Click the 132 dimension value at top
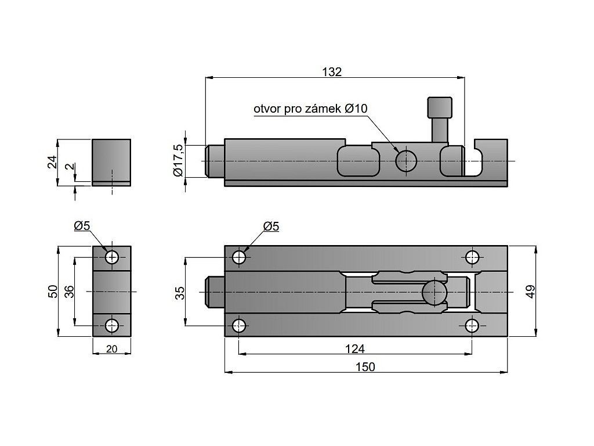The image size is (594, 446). coord(332,71)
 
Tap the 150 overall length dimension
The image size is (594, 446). coord(365,367)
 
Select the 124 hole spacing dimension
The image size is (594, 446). coord(354,348)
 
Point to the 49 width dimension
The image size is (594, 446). coord(531,292)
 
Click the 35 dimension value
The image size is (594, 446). coord(180,293)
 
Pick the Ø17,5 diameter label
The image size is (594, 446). coord(178,160)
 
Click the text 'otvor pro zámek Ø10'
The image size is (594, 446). coord(311,109)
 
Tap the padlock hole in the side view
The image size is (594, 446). coord(406,161)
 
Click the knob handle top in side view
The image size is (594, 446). coord(440,107)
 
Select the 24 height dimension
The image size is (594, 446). coord(53,162)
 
